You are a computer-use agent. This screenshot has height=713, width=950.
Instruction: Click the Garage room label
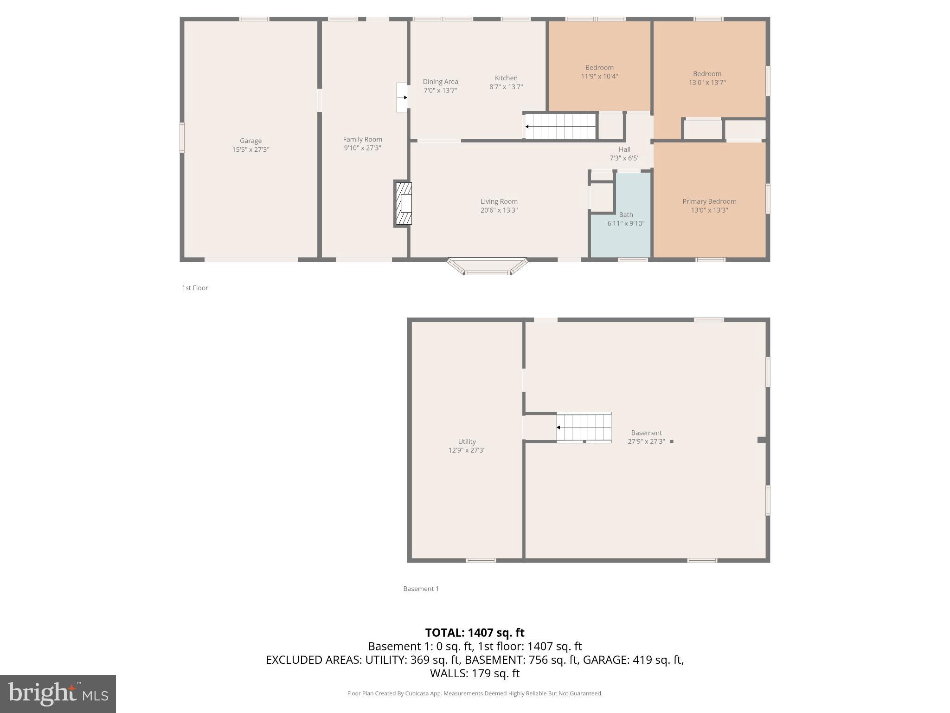pos(250,141)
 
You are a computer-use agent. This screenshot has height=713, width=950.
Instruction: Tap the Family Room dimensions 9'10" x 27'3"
pos(362,148)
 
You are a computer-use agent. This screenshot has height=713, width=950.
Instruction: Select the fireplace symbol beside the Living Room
pos(403,204)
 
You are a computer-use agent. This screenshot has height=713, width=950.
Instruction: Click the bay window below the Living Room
pos(487,268)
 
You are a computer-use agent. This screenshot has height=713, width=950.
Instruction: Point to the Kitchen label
pos(506,78)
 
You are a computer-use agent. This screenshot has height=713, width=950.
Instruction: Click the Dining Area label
pos(440,82)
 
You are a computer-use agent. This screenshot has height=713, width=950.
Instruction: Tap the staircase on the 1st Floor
pos(560,126)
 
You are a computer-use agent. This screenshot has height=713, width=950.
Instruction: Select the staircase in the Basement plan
pos(584,428)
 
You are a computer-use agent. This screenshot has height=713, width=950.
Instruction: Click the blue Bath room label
pos(626,214)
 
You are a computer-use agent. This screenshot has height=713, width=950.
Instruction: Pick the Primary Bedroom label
pos(709,201)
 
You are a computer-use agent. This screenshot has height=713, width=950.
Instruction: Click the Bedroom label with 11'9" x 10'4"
pos(599,68)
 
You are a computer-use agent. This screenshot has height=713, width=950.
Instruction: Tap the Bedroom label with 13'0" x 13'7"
pos(707,74)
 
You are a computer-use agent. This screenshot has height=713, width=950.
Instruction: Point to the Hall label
pos(624,149)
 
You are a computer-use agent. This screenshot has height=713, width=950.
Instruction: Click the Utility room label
pos(467,441)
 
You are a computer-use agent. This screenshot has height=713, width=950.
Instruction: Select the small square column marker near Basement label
pos(672,441)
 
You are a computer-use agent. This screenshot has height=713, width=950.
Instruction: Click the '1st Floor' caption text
pos(195,288)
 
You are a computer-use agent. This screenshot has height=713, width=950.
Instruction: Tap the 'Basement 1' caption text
pos(421,589)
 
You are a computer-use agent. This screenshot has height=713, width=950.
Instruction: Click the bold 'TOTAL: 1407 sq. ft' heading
pos(475,633)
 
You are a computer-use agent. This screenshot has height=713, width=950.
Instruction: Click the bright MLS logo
pos(58,694)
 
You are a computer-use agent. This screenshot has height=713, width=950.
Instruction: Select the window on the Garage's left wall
pos(182,137)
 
